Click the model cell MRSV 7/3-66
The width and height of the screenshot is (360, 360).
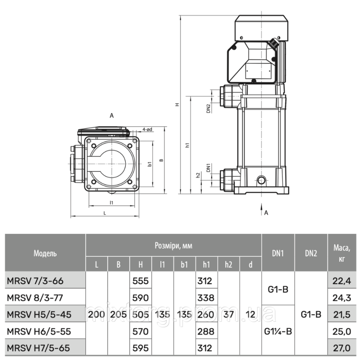pyautogui.click(x=35, y=281)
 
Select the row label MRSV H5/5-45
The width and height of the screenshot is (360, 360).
pyautogui.click(x=39, y=314)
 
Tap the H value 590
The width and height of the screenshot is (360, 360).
pyautogui.click(x=141, y=298)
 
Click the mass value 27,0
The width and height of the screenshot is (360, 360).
pyautogui.click(x=342, y=348)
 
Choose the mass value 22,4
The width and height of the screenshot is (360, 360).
pyautogui.click(x=342, y=281)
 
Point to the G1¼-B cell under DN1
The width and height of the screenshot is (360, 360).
pyautogui.click(x=278, y=331)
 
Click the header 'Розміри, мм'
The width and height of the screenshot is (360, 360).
pyautogui.click(x=173, y=246)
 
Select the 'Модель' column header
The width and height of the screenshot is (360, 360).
pyautogui.click(x=45, y=253)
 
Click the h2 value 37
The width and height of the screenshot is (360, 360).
pyautogui.click(x=228, y=314)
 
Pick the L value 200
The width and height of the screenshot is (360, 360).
pyautogui.click(x=96, y=314)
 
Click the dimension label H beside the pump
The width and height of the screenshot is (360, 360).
pyautogui.click(x=177, y=105)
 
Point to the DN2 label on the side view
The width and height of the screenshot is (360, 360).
pyautogui.click(x=208, y=108)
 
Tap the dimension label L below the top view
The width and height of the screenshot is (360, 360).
pyautogui.click(x=104, y=213)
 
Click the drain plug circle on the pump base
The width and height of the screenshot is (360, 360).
pyautogui.click(x=261, y=179)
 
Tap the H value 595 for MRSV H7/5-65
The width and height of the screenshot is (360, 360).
pyautogui.click(x=141, y=348)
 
